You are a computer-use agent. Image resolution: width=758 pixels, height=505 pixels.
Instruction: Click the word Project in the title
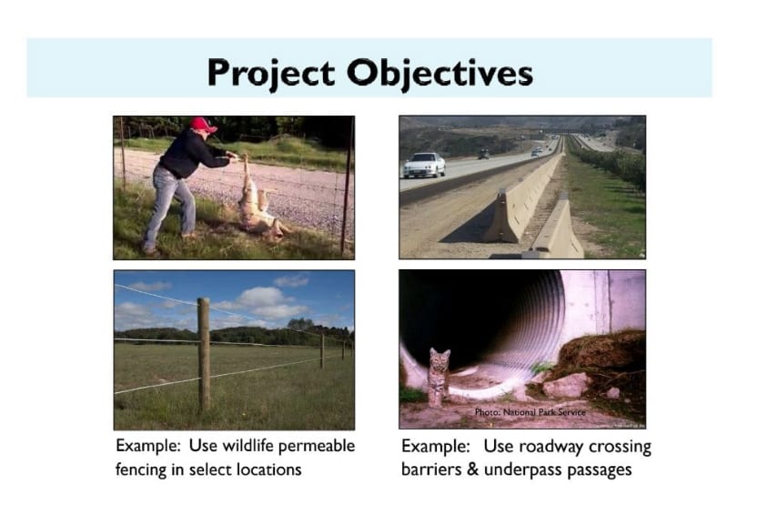click(x=271, y=74)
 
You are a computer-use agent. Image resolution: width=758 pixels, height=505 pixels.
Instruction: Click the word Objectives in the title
click(x=440, y=74)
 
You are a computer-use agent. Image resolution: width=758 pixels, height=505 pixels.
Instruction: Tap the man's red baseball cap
click(x=203, y=125)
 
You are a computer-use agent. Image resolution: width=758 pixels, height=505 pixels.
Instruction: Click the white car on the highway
click(x=424, y=165)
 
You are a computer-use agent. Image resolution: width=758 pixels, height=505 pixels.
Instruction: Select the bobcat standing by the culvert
click(x=440, y=378)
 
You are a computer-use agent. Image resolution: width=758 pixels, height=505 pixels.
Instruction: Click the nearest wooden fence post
click(x=204, y=354)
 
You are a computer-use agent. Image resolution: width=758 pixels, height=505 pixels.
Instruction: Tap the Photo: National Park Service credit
click(x=530, y=412)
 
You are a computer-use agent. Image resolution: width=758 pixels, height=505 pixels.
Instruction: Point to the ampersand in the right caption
click(x=473, y=470)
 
